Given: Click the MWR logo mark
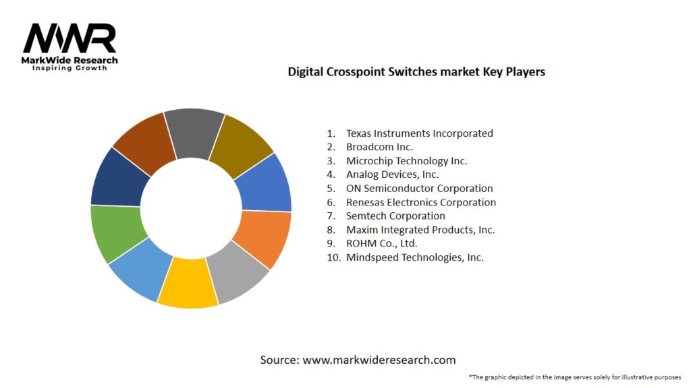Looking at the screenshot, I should (70, 39).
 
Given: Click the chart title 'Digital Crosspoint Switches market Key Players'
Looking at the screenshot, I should (416, 71).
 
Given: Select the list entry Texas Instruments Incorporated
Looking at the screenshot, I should (419, 133).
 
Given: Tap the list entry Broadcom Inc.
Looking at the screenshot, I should (379, 147).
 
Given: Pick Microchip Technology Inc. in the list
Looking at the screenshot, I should (406, 161).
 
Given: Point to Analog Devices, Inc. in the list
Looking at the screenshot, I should (392, 174).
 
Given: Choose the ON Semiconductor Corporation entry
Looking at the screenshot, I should (419, 189).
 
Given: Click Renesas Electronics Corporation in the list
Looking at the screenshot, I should (420, 202).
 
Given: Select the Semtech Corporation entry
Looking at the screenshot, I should (395, 216).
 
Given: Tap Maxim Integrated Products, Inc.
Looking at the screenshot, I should (420, 230).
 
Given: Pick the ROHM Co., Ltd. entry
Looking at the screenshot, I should (381, 243).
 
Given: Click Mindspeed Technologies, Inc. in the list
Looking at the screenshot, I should (414, 257).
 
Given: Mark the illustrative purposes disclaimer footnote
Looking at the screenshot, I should (574, 377).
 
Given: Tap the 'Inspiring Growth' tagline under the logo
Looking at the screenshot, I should (70, 68).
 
